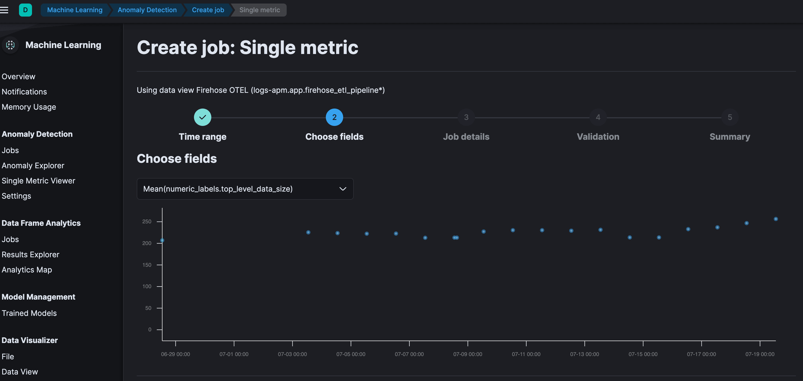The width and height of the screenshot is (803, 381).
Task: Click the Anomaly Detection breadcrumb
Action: click(x=147, y=10)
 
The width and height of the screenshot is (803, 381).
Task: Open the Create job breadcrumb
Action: click(x=208, y=10)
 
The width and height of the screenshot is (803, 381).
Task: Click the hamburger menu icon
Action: click(x=4, y=10)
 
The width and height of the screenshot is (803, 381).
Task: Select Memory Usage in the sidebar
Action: click(x=29, y=107)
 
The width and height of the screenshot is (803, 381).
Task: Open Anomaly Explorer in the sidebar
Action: click(x=33, y=166)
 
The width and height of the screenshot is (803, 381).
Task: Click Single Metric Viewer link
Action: click(x=38, y=181)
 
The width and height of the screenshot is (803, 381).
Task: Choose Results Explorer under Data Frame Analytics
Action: click(x=30, y=255)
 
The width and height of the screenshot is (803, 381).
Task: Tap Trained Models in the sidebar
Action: click(x=29, y=313)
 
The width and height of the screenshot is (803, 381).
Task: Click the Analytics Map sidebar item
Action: click(x=27, y=270)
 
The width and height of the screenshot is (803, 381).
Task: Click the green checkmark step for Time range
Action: click(x=203, y=117)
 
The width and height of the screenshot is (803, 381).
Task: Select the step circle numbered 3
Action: click(x=466, y=117)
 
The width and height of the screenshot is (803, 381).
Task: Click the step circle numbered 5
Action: click(x=730, y=117)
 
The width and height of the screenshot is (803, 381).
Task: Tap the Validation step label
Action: click(x=598, y=137)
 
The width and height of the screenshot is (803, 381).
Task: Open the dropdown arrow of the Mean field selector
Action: click(x=343, y=189)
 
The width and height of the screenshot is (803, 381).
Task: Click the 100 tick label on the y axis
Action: click(x=147, y=287)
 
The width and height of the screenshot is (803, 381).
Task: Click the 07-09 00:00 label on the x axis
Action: click(x=468, y=354)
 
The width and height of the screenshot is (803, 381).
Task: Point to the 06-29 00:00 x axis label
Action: click(x=176, y=354)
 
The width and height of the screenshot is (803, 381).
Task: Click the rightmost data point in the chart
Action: click(x=776, y=219)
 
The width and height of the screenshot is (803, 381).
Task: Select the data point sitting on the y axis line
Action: click(x=162, y=240)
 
